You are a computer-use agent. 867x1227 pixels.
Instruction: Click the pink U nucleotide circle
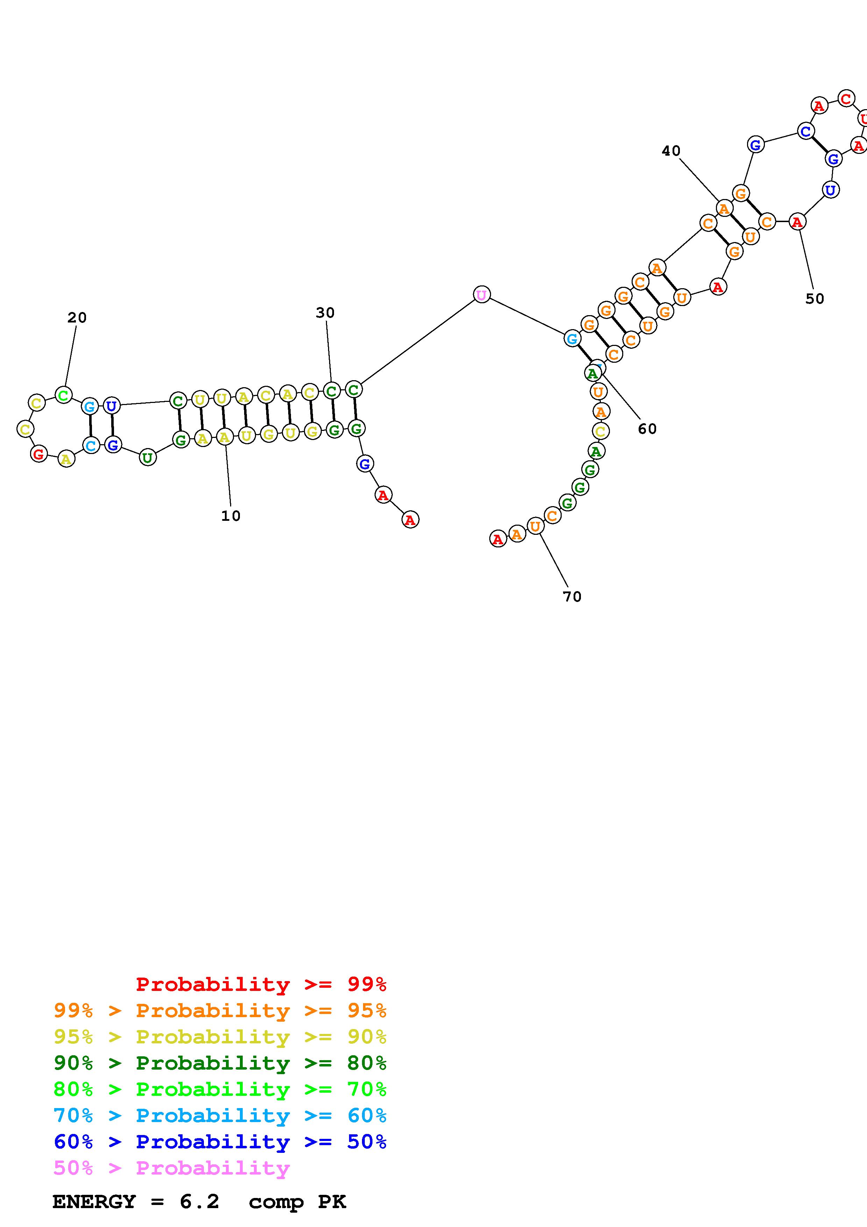[x=481, y=295]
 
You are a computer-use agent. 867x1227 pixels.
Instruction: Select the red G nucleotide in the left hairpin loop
[x=38, y=454]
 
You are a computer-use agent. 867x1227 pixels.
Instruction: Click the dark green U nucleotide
[x=148, y=458]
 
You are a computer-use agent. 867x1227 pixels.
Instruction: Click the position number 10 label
[x=231, y=516]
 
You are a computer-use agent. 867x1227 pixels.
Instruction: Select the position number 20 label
[x=77, y=318]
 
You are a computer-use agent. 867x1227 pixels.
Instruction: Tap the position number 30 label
[x=325, y=313]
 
